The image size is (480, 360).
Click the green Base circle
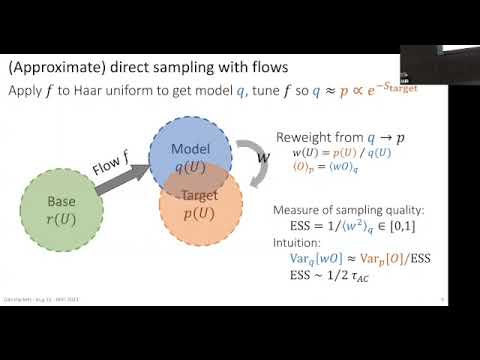click(x=61, y=210)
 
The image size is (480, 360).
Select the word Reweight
click(x=305, y=137)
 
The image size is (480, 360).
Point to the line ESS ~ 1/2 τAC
click(x=335, y=277)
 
